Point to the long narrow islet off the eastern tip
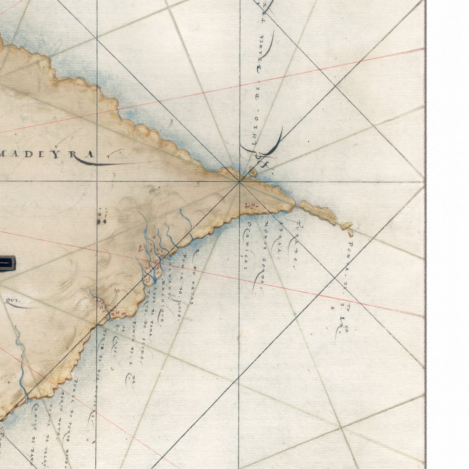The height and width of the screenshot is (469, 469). coord(318,213)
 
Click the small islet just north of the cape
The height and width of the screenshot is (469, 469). coord(253,172)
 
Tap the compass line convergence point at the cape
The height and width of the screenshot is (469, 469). coord(240,181)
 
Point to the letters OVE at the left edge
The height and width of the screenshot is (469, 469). coord(13,301)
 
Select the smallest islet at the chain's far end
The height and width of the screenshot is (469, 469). coord(350,233)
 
